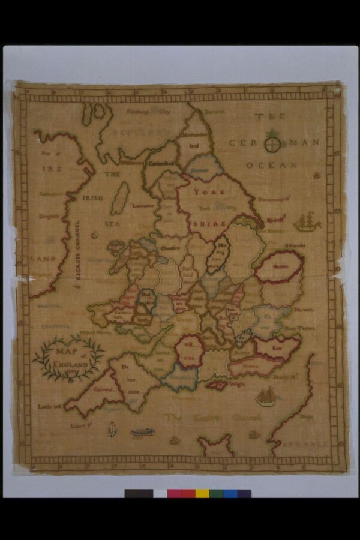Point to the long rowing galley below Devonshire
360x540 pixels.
point(143,432)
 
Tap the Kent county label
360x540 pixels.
point(277,347)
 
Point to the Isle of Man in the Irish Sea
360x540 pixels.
point(120,198)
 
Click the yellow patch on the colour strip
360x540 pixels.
point(202,493)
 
